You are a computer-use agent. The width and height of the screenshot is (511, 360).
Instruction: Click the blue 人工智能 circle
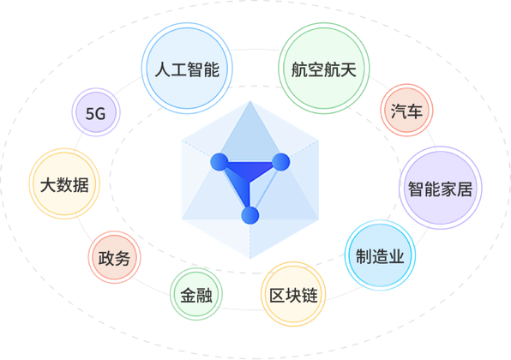point(187,69)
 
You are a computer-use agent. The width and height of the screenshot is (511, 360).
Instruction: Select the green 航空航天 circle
point(324,69)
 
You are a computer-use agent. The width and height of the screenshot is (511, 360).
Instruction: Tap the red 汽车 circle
point(406,110)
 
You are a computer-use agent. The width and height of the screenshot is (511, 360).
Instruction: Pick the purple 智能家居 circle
point(441,188)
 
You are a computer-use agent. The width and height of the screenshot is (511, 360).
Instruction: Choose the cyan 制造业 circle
point(380,255)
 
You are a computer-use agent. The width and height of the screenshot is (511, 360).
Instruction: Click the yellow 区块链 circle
point(293,294)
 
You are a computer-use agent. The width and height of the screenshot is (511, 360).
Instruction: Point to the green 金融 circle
point(196,294)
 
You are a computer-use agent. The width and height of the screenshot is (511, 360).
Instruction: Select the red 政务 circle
point(114,257)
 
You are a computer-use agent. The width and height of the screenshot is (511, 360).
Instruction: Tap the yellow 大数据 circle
point(64,183)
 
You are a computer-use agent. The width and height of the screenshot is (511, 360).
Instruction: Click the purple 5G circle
point(96,112)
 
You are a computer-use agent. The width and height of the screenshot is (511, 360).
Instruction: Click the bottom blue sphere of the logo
point(250,215)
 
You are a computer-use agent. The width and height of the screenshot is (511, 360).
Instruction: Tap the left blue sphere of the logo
point(219,162)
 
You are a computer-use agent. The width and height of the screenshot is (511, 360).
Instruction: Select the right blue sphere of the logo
point(280,162)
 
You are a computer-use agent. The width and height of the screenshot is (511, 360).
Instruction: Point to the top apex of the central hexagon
point(250,100)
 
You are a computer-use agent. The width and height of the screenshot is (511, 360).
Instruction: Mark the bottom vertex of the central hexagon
point(250,258)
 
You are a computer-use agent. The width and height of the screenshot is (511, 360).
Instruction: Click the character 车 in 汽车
point(414,111)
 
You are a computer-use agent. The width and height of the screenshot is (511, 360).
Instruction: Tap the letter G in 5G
point(100,114)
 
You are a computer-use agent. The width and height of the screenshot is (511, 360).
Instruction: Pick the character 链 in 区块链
point(310,295)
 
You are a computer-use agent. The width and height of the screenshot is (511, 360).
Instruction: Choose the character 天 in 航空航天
point(348,69)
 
